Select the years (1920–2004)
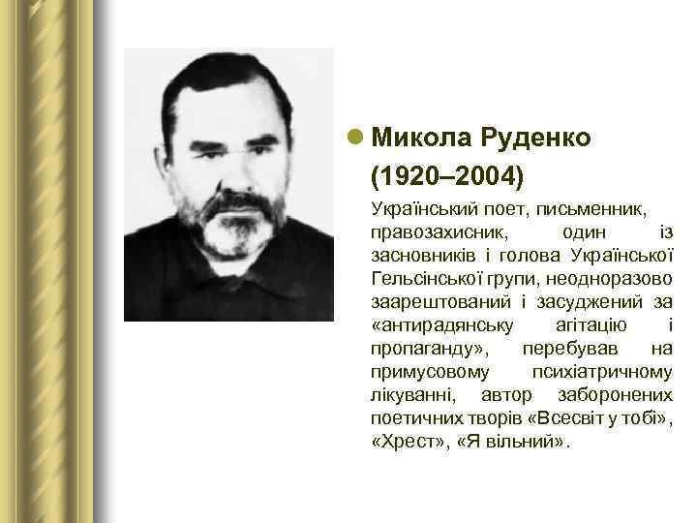coord(445,177)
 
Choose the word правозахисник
coord(435,233)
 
